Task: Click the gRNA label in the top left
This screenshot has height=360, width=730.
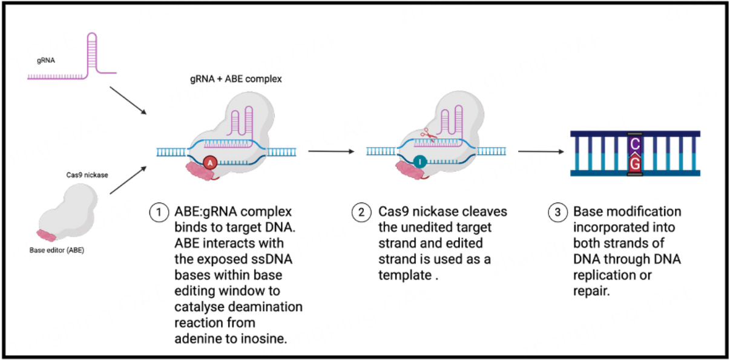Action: point(44,61)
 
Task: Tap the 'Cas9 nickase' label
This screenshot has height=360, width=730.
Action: point(87,174)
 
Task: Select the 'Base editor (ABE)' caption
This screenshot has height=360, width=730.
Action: point(56,249)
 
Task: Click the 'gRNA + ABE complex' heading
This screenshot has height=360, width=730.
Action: point(235,79)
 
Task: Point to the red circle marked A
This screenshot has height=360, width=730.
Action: point(210,162)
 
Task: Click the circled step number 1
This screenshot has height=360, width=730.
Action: point(157,212)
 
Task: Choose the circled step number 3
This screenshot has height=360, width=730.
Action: point(557,212)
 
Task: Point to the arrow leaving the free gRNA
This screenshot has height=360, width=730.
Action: point(128,100)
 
